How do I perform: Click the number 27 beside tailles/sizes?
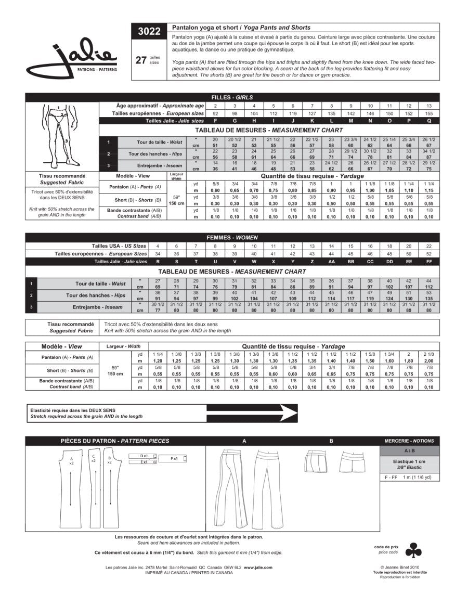click(140, 60)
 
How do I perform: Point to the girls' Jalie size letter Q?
click(428, 120)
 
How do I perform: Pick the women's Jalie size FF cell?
click(428, 261)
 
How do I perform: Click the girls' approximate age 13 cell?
click(428, 106)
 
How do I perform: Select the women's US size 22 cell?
click(428, 246)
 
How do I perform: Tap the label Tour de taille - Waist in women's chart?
click(101, 283)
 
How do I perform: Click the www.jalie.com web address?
click(257, 568)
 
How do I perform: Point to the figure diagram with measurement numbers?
click(62, 135)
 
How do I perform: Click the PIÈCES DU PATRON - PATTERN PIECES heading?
click(115, 441)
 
